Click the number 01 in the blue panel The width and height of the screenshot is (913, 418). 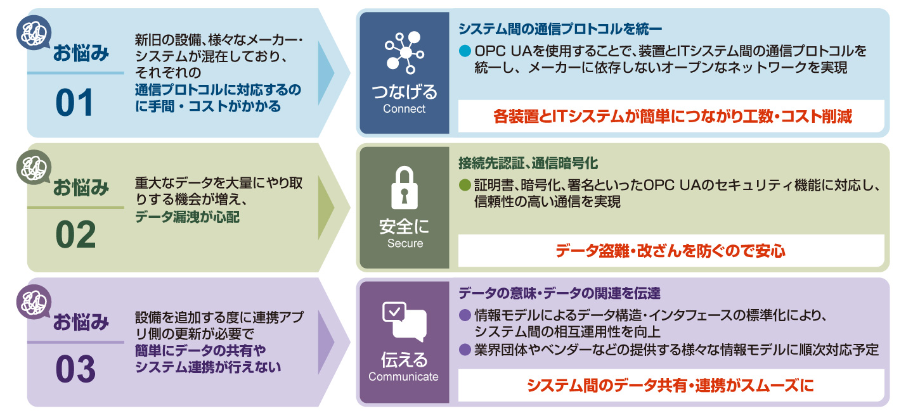(x=75, y=103)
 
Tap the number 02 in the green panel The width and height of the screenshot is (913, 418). (x=75, y=236)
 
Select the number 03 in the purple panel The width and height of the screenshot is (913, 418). (x=75, y=370)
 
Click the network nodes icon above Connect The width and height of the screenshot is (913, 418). (x=403, y=53)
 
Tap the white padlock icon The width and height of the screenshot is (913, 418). (x=404, y=188)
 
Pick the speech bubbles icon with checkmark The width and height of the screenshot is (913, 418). (x=403, y=322)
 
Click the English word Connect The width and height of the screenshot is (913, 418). (x=404, y=109)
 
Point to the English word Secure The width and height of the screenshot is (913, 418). (x=405, y=243)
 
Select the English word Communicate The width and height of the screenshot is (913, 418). (x=404, y=377)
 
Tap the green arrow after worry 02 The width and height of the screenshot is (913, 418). (x=325, y=206)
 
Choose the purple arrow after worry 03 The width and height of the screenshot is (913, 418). (x=325, y=341)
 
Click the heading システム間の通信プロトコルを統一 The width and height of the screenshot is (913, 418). (x=560, y=28)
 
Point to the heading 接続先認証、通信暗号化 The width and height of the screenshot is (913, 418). (x=528, y=163)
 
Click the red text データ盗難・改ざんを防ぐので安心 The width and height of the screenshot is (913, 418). (x=670, y=251)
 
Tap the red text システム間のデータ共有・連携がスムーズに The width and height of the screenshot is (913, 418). (x=670, y=385)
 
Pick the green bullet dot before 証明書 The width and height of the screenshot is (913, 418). (x=465, y=186)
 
